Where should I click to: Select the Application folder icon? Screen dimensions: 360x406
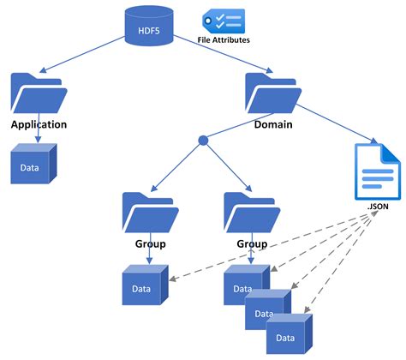point(39,93)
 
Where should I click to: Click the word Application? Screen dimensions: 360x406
point(39,124)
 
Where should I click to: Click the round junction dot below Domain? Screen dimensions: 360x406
point(203,140)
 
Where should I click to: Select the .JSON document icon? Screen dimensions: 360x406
point(377,170)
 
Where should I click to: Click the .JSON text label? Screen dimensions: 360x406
point(377,207)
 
